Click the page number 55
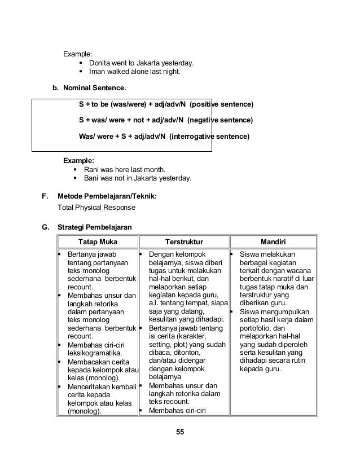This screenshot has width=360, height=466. [x=180, y=432]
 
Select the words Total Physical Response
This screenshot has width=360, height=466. [x=96, y=207]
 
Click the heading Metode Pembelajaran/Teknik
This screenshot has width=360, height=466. [x=107, y=196]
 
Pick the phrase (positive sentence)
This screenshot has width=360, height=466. [x=221, y=105]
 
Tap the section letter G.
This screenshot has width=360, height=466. [x=45, y=227]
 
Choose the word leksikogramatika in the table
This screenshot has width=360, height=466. [x=95, y=354]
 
